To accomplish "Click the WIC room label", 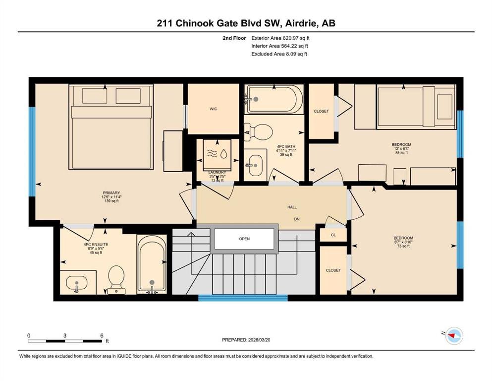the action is pyautogui.click(x=214, y=109).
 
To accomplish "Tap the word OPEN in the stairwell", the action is pyautogui.click(x=244, y=239).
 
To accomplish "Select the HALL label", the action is pyautogui.click(x=292, y=207).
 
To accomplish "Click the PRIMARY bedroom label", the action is pyautogui.click(x=111, y=193).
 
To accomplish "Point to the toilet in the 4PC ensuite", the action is pyautogui.click(x=116, y=279).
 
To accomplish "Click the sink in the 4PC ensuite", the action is pyautogui.click(x=77, y=283).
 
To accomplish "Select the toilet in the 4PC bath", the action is pyautogui.click(x=258, y=132).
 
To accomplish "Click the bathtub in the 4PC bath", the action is pyautogui.click(x=275, y=99).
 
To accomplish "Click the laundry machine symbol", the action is pyautogui.click(x=217, y=155).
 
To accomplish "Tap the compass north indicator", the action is pyautogui.click(x=452, y=335).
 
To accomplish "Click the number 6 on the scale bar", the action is pyautogui.click(x=102, y=335).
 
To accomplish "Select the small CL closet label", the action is pyautogui.click(x=333, y=235).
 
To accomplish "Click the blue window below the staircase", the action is pyautogui.click(x=243, y=298).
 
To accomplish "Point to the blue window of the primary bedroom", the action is pyautogui.click(x=32, y=152).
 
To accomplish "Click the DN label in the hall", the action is pyautogui.click(x=297, y=219).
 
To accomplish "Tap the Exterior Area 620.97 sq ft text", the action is pyautogui.click(x=280, y=38).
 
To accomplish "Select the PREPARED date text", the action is pyautogui.click(x=246, y=340).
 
